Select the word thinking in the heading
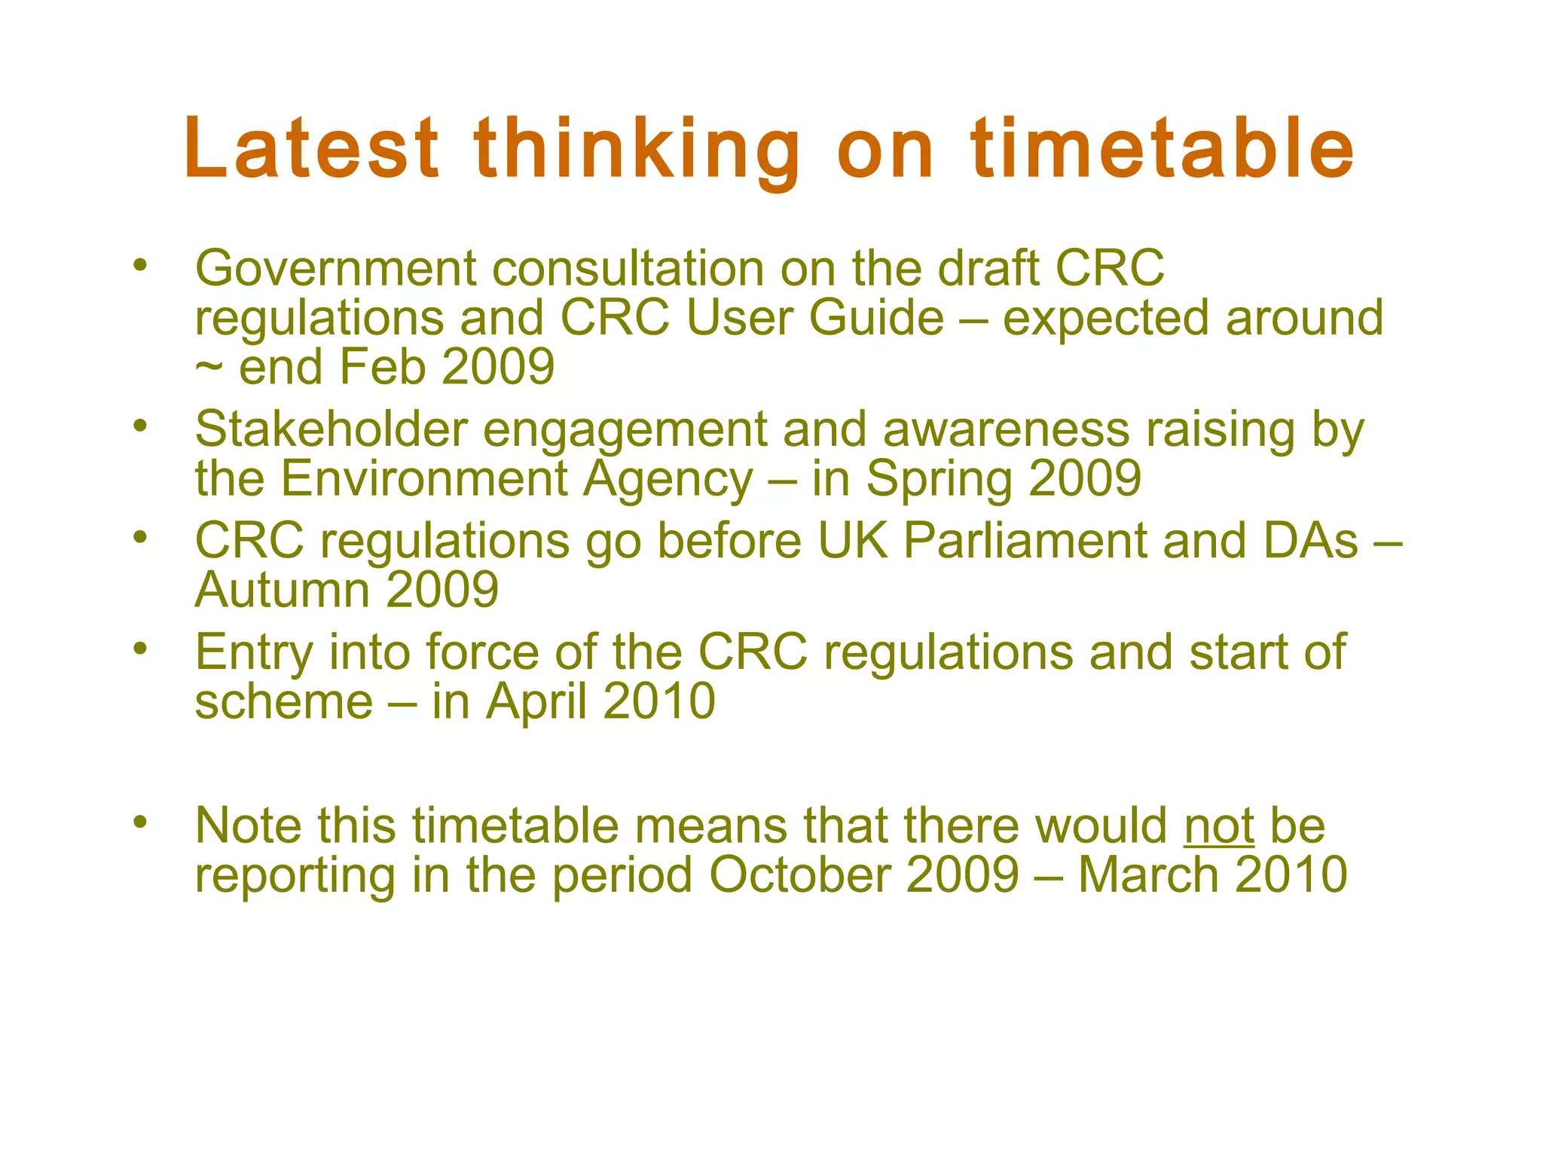(x=637, y=151)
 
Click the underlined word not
(x=1218, y=826)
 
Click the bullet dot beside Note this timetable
(x=139, y=822)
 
